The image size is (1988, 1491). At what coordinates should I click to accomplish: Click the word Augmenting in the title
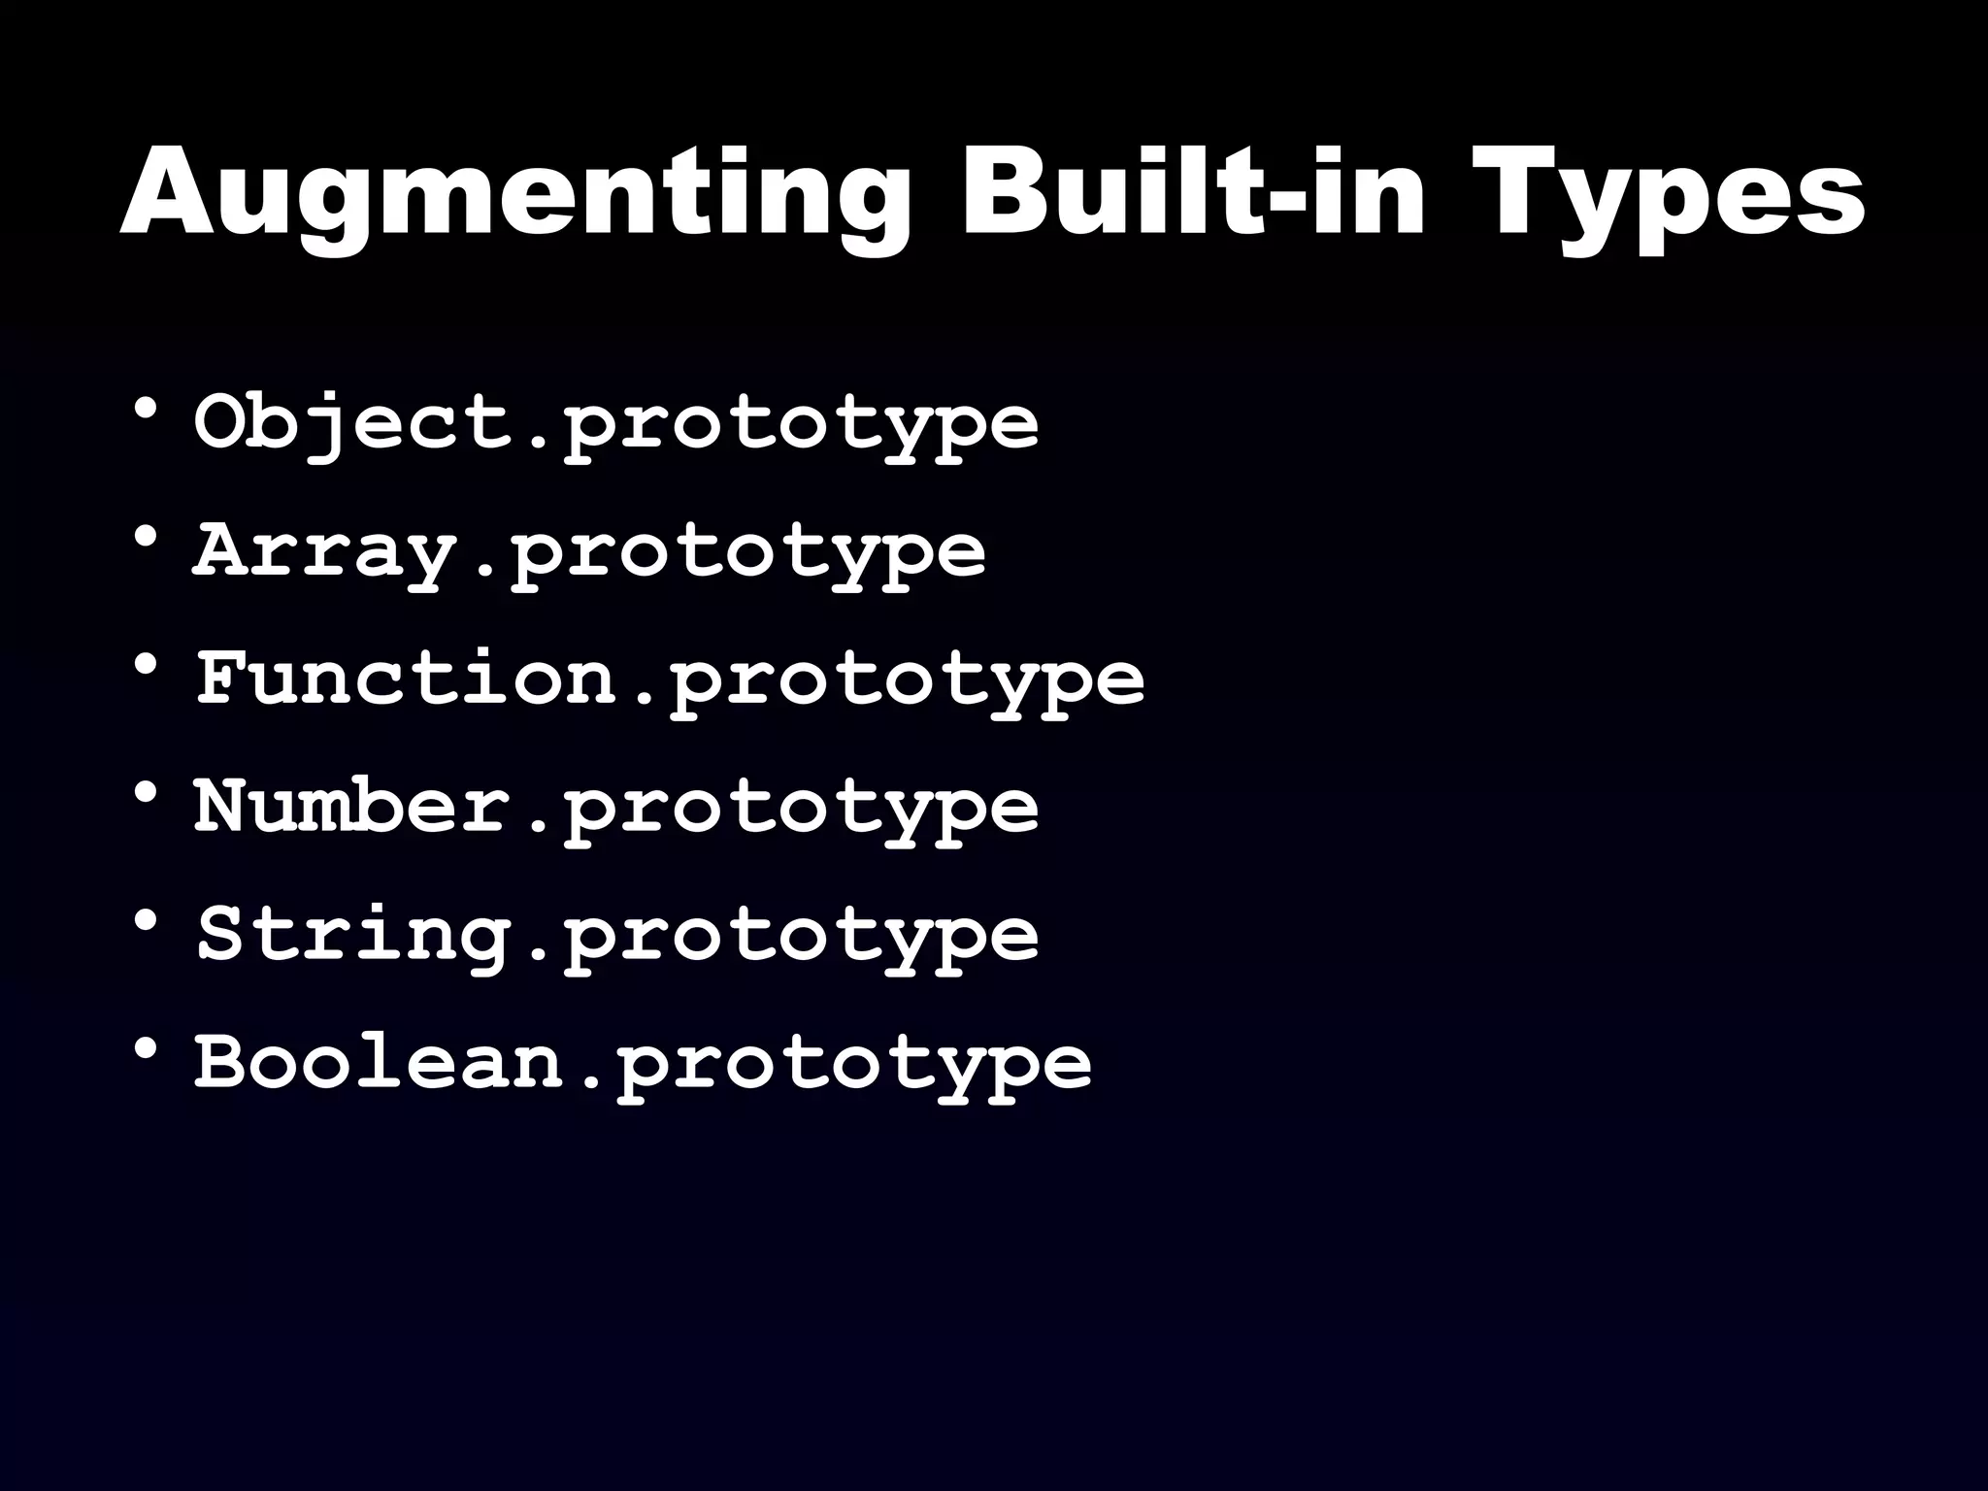pos(515,194)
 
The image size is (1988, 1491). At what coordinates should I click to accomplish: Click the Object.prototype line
pos(615,423)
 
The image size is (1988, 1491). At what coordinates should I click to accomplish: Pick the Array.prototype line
pos(588,551)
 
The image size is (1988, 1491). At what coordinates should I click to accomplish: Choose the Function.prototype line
pos(669,679)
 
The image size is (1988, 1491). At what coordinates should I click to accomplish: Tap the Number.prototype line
pos(615,807)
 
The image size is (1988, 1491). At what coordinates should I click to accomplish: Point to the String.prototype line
pos(615,935)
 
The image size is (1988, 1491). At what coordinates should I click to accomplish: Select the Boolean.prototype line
pos(643,1062)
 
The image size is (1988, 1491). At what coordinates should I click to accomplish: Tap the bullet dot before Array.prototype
pos(147,537)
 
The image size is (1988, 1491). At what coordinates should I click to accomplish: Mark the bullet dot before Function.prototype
pos(147,665)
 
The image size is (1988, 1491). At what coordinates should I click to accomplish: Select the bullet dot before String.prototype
pos(147,920)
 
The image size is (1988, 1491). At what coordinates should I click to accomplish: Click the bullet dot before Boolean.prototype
pos(147,1048)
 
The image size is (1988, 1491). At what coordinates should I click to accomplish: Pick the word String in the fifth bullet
pos(354,935)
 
